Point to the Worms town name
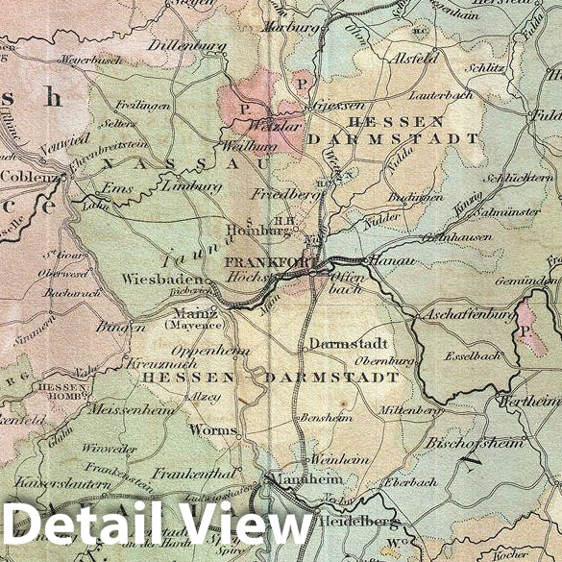[212, 430]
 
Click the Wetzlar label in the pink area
[260, 125]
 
